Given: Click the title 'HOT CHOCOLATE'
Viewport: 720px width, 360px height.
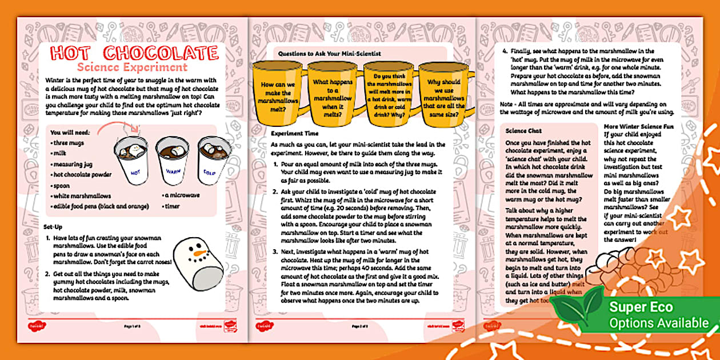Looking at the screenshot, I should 134,53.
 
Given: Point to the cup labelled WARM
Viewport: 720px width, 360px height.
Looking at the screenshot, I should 171,165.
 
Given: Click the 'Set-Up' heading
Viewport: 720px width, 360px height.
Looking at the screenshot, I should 53,227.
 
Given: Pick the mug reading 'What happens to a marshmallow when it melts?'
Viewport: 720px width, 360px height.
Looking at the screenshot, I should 332,94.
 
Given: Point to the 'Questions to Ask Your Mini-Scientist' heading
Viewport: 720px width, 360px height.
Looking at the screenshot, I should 329,53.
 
